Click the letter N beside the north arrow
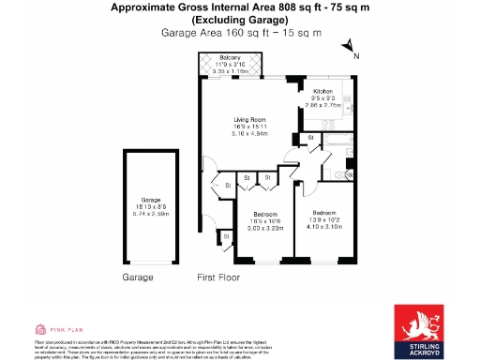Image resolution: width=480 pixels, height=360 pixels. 356,55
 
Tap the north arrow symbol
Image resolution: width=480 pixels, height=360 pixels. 347,45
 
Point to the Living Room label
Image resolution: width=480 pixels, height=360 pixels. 251,120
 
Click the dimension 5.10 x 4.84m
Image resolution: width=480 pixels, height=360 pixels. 251,134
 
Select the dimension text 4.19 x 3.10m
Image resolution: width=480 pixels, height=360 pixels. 324,226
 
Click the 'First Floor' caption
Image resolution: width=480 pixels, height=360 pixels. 218,277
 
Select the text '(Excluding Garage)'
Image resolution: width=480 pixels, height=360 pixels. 240,20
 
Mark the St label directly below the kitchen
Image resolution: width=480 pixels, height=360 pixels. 310,139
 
